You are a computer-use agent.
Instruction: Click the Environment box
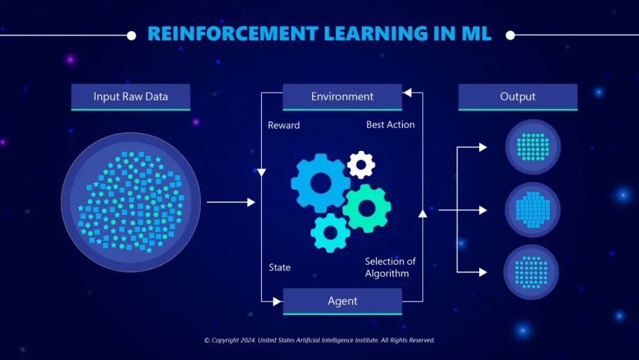pyautogui.click(x=343, y=97)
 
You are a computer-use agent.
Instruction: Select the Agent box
pyautogui.click(x=343, y=301)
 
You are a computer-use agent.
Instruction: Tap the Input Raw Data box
pyautogui.click(x=131, y=97)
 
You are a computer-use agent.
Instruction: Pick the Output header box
pyautogui.click(x=518, y=97)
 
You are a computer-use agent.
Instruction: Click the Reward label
pyautogui.click(x=283, y=125)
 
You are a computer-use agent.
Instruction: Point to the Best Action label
pyautogui.click(x=390, y=124)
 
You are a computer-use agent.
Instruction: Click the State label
pyautogui.click(x=279, y=268)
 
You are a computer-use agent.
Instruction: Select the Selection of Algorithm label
pyautogui.click(x=390, y=268)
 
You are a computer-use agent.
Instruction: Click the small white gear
pyautogui.click(x=361, y=165)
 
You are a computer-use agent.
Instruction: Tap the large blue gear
pyautogui.click(x=321, y=184)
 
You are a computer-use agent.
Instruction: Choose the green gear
pyautogui.click(x=367, y=208)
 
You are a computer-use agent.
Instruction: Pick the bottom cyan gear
pyautogui.click(x=330, y=233)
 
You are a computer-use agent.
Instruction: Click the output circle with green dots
pyautogui.click(x=532, y=147)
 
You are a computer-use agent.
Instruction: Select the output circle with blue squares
pyautogui.click(x=532, y=210)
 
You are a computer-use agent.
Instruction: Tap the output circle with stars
pyautogui.click(x=531, y=272)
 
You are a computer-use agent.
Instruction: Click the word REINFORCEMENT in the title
pyautogui.click(x=233, y=34)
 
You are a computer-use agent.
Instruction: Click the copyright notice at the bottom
pyautogui.click(x=319, y=340)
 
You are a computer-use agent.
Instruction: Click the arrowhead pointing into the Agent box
pyautogui.click(x=277, y=301)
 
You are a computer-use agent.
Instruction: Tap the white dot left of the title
pyautogui.click(x=131, y=36)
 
